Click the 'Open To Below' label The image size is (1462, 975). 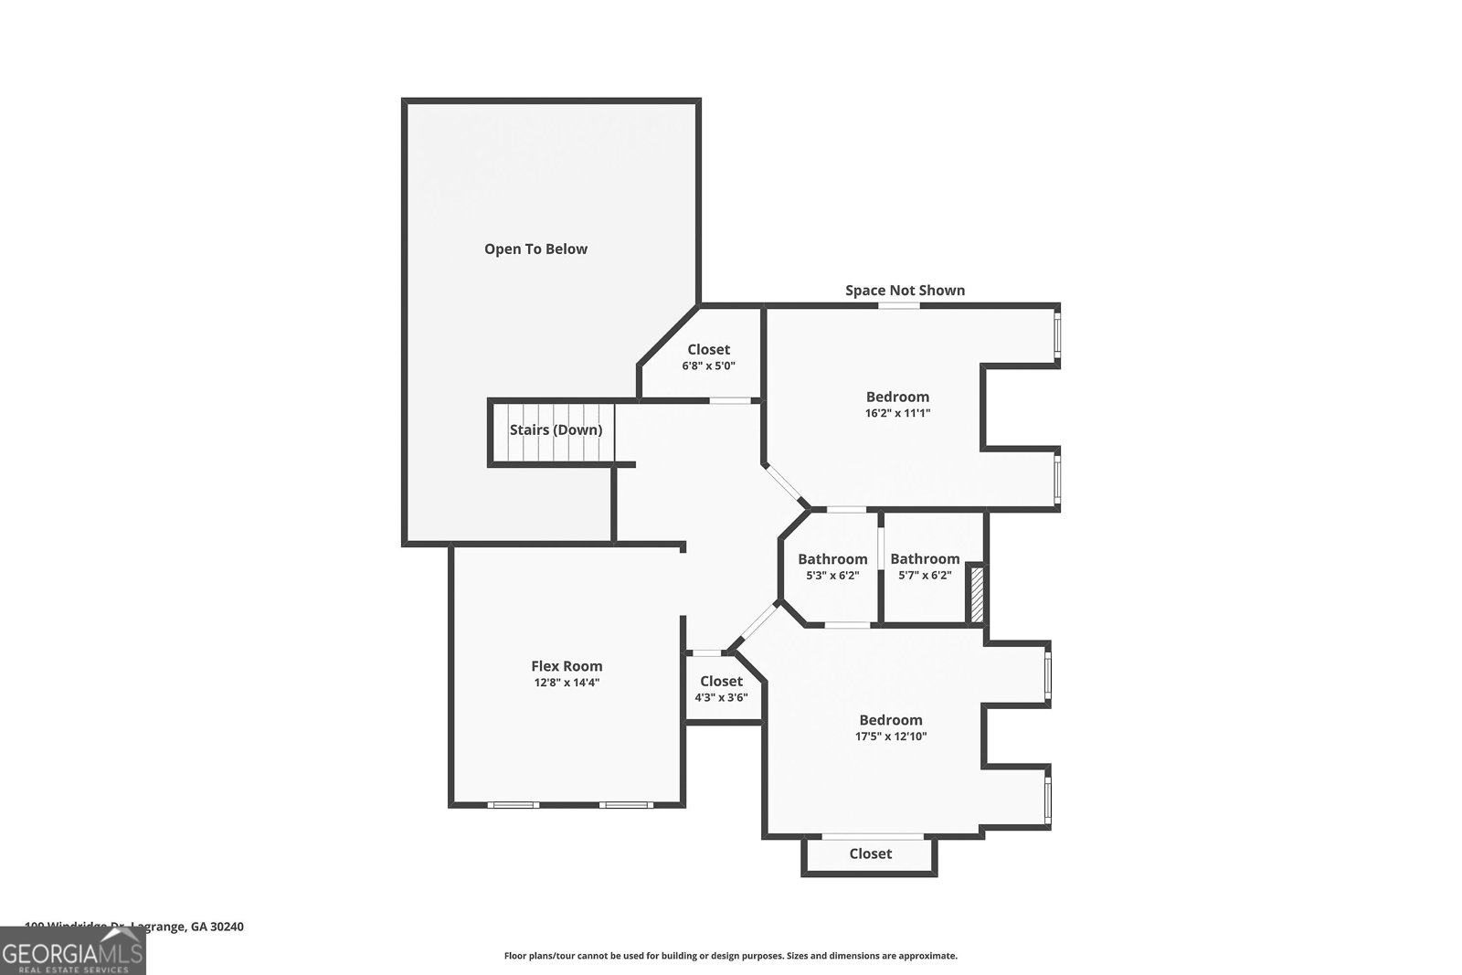535,249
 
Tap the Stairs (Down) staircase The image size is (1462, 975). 556,430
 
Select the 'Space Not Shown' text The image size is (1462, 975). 905,291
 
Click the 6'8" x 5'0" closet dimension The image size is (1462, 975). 708,366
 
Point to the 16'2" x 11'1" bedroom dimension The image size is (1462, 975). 897,413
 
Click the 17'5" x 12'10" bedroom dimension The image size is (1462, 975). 891,737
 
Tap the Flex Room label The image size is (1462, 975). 567,666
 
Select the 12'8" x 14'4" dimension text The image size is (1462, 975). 567,683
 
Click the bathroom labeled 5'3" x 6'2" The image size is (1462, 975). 832,567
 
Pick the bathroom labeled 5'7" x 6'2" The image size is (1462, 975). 925,567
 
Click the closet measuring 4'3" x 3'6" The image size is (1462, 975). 721,689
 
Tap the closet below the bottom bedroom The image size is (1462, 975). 870,853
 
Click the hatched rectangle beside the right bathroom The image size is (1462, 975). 976,594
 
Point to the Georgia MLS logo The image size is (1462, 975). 73,950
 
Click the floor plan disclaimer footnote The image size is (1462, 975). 730,956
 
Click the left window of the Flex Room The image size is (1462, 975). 512,805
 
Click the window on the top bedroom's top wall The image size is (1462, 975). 899,305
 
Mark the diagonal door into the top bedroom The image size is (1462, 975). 787,485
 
